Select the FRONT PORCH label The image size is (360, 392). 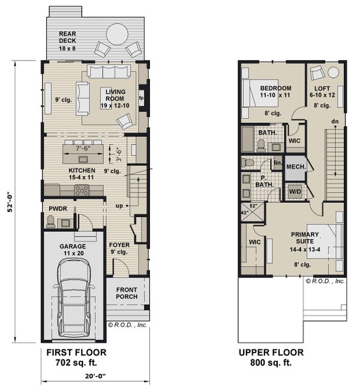coord(127,294)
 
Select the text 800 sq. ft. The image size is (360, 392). coord(271,363)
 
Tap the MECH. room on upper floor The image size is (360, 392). coord(296,167)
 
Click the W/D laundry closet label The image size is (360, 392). coord(295,191)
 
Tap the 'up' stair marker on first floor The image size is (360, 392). coord(119,205)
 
